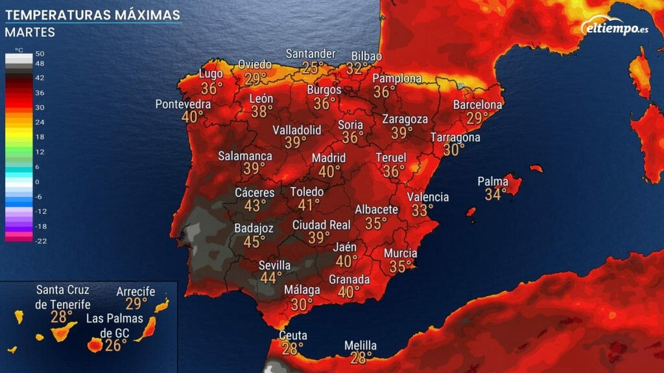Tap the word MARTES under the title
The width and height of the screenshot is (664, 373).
tap(29, 32)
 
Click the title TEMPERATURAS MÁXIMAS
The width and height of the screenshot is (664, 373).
tap(90, 14)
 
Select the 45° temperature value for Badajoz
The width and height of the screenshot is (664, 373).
tap(254, 242)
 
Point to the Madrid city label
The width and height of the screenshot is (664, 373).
tap(329, 158)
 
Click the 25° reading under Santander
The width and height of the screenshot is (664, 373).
tap(313, 67)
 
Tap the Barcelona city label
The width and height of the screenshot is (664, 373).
tap(478, 104)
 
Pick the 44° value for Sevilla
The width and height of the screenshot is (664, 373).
tap(270, 278)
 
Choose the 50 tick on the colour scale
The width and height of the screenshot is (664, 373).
tap(40, 54)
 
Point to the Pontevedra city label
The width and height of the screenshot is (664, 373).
tap(183, 104)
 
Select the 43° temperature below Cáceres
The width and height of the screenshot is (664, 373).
tap(255, 205)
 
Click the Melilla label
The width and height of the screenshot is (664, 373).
tap(360, 346)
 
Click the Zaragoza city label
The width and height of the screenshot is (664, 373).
tap(405, 120)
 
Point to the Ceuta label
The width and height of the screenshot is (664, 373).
tap(292, 335)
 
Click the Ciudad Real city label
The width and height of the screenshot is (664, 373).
tap(322, 225)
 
